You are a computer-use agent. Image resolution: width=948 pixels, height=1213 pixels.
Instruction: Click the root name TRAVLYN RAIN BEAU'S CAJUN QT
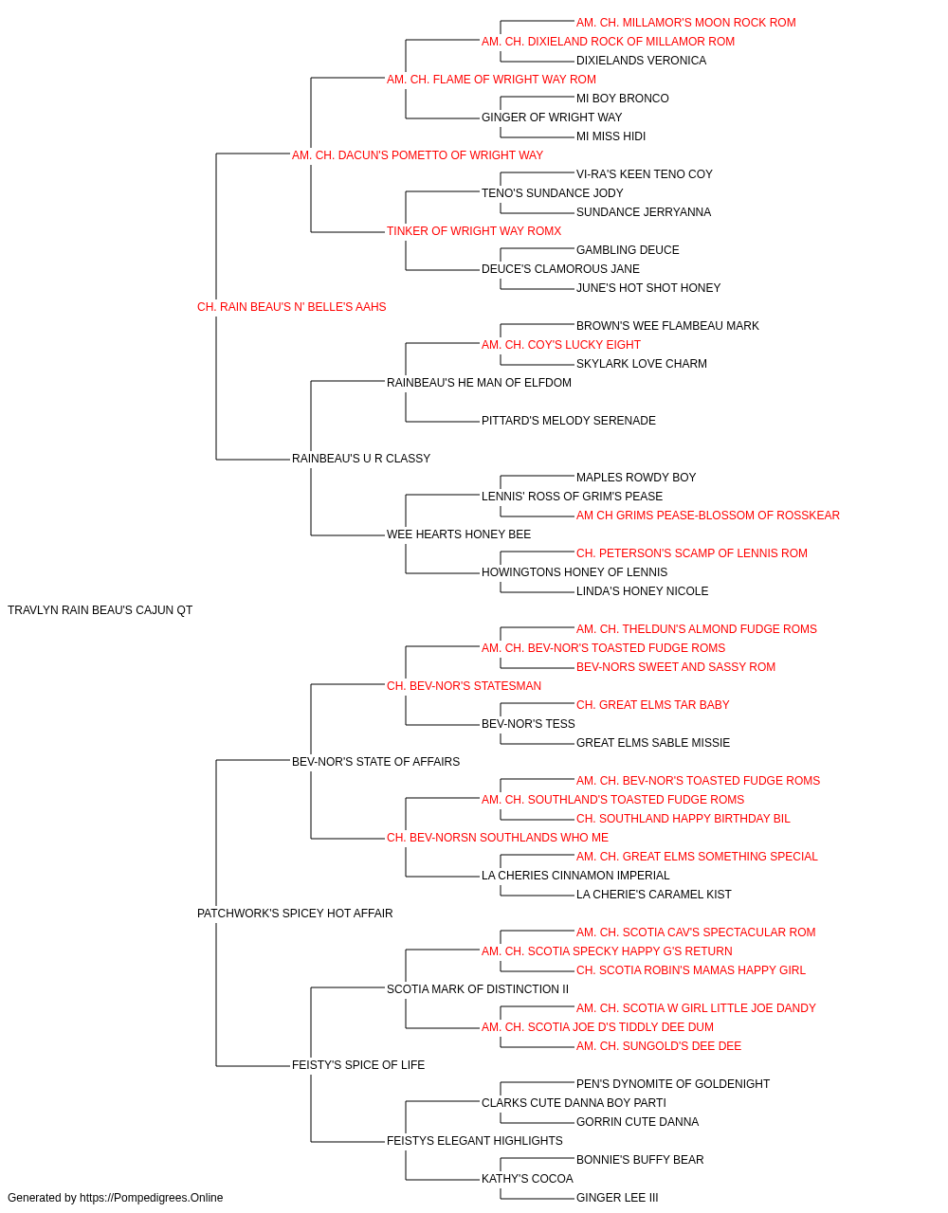pyautogui.click(x=100, y=610)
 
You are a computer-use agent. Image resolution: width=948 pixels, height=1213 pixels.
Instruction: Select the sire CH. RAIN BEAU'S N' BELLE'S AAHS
pyautogui.click(x=291, y=307)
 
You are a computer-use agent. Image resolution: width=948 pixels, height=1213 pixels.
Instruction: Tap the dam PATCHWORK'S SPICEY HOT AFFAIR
pyautogui.click(x=295, y=914)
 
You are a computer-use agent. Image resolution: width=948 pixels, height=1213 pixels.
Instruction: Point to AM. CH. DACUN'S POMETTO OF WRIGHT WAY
pyautogui.click(x=418, y=155)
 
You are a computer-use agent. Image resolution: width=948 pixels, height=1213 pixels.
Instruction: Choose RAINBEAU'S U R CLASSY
pyautogui.click(x=361, y=459)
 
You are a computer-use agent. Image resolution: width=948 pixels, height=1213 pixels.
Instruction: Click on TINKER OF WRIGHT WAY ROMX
pyautogui.click(x=474, y=231)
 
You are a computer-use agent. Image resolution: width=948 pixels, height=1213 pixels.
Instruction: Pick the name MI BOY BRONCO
pyautogui.click(x=623, y=99)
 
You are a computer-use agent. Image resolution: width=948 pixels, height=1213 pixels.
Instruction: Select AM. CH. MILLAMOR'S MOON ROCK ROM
pyautogui.click(x=686, y=23)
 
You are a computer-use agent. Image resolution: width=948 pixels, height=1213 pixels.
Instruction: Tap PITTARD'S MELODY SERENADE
pyautogui.click(x=569, y=421)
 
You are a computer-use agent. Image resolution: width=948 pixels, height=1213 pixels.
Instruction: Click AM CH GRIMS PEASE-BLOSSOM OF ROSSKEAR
pyautogui.click(x=708, y=516)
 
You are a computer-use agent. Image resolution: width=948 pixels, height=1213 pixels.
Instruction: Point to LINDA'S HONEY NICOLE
pyautogui.click(x=642, y=591)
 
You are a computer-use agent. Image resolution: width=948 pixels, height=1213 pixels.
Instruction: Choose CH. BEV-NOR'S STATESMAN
pyautogui.click(x=464, y=686)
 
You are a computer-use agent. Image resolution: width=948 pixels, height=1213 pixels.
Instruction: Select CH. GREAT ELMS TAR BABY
pyautogui.click(x=652, y=705)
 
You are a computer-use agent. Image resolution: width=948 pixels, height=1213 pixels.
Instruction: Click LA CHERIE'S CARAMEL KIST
pyautogui.click(x=654, y=895)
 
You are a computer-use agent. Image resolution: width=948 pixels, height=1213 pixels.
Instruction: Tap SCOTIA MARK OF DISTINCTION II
pyautogui.click(x=478, y=989)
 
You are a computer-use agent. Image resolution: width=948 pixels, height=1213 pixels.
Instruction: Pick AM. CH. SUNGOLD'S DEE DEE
pyautogui.click(x=659, y=1046)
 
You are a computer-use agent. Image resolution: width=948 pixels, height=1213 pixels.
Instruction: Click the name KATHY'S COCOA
pyautogui.click(x=528, y=1178)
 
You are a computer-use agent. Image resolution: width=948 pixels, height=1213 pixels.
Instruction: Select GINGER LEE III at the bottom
pyautogui.click(x=617, y=1198)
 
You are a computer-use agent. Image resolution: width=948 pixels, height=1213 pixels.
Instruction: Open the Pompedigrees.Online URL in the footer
pyautogui.click(x=152, y=1198)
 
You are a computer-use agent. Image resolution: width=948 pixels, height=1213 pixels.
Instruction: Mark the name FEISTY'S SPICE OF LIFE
pyautogui.click(x=358, y=1065)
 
